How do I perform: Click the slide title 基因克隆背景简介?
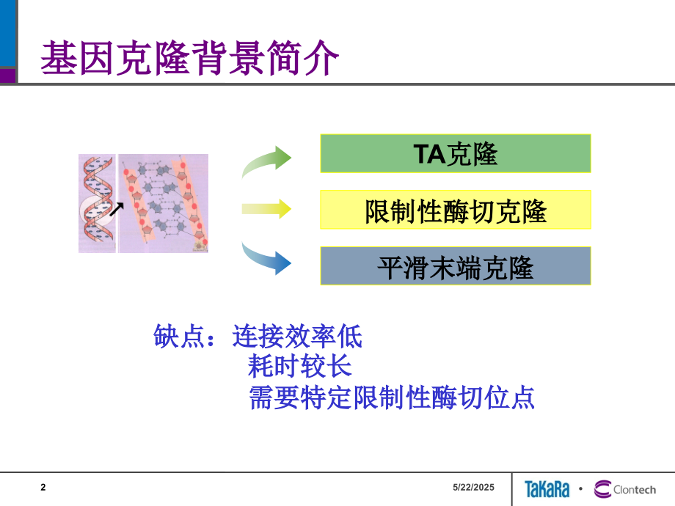[190, 58]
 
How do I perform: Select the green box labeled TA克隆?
[456, 153]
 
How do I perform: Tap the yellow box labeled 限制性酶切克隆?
[456, 210]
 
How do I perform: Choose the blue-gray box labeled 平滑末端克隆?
[456, 266]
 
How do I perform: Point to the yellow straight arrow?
[266, 209]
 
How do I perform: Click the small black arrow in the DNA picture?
[116, 209]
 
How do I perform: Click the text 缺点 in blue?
[179, 336]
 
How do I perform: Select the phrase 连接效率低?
[297, 336]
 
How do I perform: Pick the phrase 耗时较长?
[299, 366]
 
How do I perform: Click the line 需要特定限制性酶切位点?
[391, 397]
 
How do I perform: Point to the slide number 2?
[43, 488]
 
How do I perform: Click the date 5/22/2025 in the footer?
[473, 488]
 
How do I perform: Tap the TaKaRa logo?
[547, 489]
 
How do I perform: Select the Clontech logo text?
[635, 490]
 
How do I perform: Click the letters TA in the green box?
[429, 154]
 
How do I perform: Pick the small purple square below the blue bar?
[8, 76]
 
